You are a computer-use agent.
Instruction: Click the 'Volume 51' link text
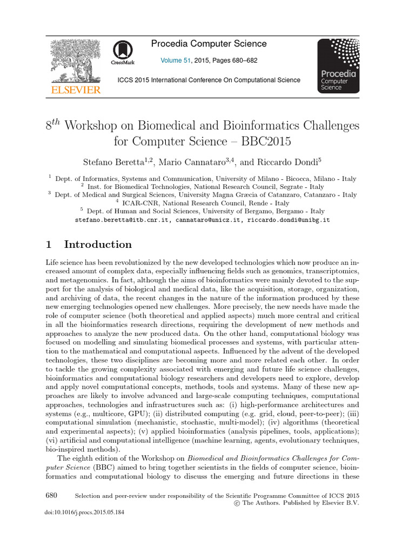[176, 61]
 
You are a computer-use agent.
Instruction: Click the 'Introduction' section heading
[98, 245]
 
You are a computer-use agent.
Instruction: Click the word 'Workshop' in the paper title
[100, 125]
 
